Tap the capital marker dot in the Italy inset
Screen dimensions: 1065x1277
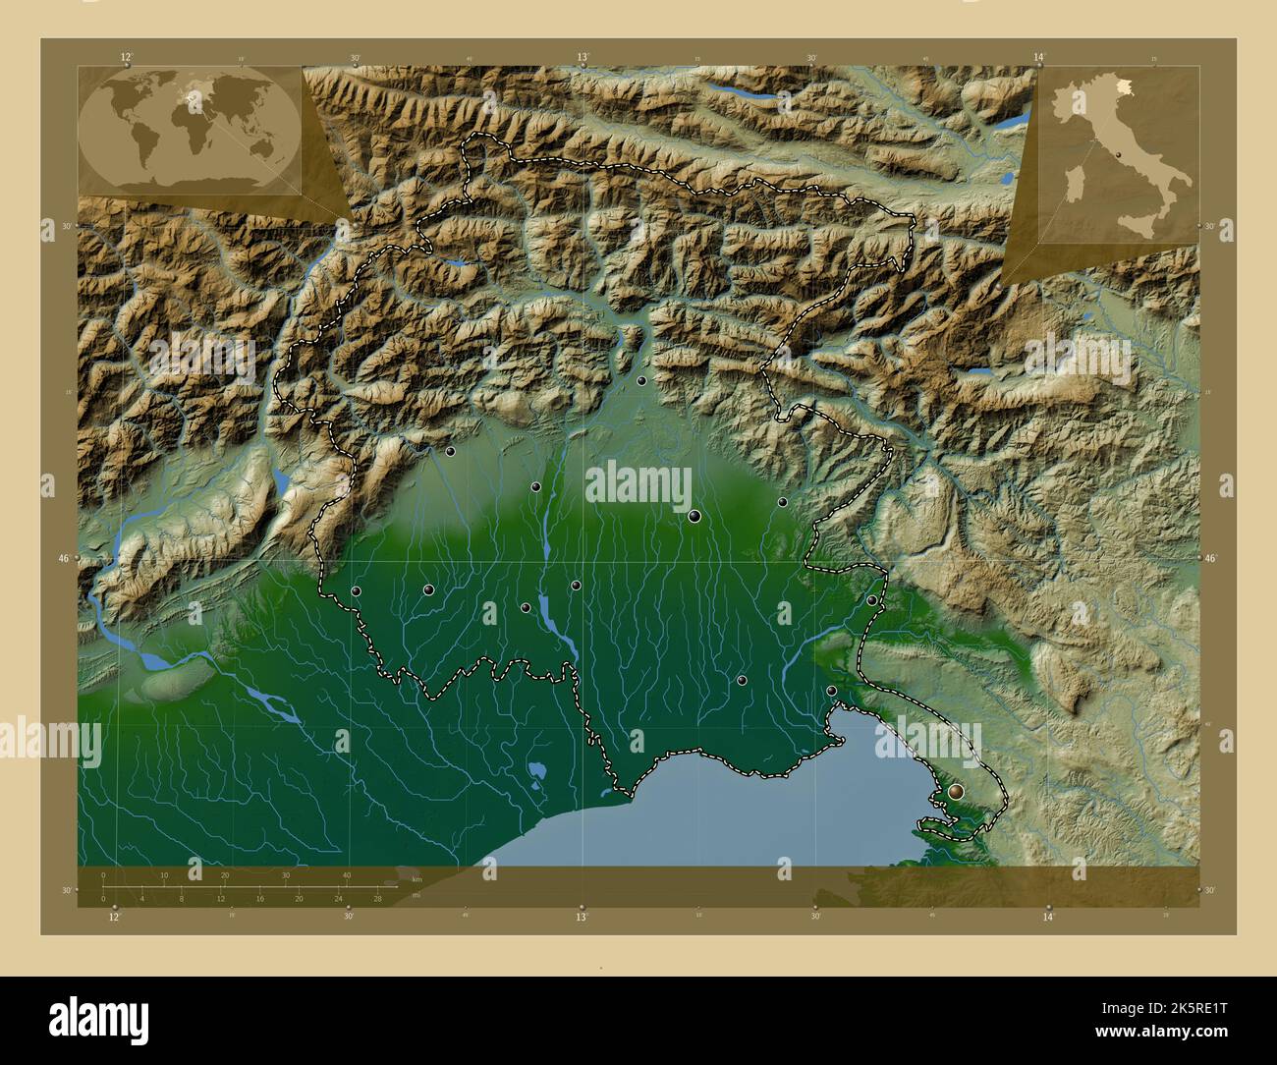click(1119, 154)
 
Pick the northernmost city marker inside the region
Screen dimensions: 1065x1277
click(641, 380)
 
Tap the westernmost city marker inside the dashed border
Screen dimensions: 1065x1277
click(356, 590)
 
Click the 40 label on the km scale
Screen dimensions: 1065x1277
click(346, 875)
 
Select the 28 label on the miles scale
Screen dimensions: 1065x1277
click(377, 898)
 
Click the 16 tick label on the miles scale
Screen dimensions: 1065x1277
click(259, 898)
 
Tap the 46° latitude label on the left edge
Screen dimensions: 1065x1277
click(63, 558)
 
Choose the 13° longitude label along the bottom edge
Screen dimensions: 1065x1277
click(582, 917)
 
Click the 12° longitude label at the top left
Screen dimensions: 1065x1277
click(126, 58)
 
